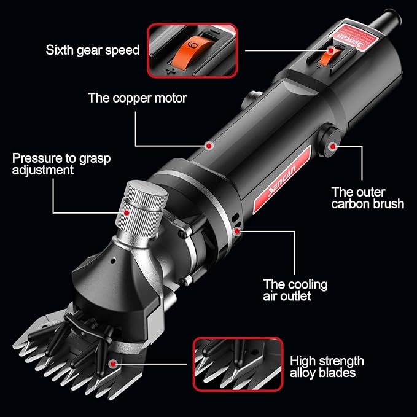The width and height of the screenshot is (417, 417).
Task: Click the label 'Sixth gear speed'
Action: [x=93, y=49]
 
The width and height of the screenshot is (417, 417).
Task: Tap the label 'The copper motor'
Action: [x=137, y=97]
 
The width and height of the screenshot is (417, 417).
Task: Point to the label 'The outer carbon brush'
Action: [x=367, y=197]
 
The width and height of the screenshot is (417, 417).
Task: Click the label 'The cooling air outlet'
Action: [x=295, y=290]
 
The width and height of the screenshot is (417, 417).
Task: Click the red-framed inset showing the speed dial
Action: [x=190, y=50]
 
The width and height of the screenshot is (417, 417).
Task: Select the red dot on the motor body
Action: [x=209, y=146]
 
